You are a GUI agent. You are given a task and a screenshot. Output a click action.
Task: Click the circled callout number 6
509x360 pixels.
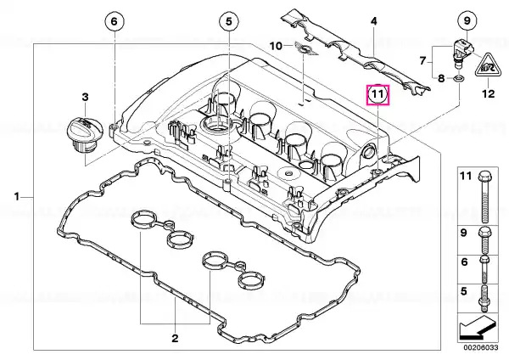coord(115,22)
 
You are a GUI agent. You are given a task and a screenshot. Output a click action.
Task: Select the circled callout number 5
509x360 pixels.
coord(229,22)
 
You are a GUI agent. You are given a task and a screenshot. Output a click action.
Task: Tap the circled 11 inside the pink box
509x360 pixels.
coord(378,94)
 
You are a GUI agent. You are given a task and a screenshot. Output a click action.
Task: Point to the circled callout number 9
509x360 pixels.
coord(467,20)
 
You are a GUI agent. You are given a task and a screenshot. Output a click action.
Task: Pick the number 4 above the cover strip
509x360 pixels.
coord(374,21)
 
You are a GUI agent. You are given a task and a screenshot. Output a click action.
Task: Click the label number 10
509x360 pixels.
coord(277,46)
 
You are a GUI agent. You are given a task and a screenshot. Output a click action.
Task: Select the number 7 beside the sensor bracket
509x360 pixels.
coord(422,61)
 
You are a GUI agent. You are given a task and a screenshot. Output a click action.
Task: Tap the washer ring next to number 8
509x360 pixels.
coord(458,78)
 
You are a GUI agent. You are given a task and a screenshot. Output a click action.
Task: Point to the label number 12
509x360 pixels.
coord(488,94)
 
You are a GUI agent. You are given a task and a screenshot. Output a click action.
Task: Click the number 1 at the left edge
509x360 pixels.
coord(17,197)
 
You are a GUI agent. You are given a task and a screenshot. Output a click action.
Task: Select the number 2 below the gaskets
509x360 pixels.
coord(175,338)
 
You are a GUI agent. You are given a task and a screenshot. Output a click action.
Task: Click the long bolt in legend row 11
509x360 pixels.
coord(484,197)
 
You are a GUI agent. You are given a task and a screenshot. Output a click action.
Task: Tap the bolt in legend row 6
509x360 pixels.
coord(484,269)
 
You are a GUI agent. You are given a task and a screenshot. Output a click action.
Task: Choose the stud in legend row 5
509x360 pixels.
coord(484,299)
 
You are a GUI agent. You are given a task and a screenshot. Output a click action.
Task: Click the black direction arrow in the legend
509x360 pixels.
coord(478,327)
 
